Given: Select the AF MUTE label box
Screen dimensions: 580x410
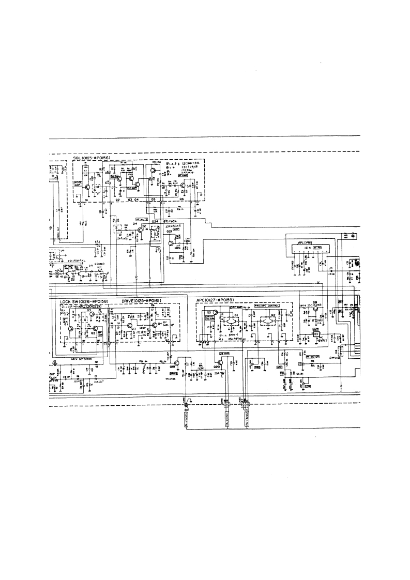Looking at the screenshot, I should point(142,219).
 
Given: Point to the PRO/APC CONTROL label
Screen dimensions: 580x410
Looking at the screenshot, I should point(267,306).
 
